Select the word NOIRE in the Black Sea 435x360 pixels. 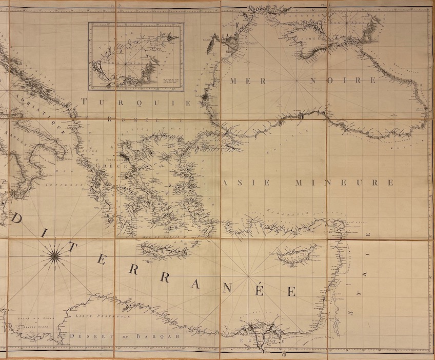[x=349, y=81]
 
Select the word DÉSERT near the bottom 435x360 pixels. [x=87, y=336]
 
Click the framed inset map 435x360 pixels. [x=136, y=56]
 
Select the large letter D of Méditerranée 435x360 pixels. [x=17, y=219]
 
